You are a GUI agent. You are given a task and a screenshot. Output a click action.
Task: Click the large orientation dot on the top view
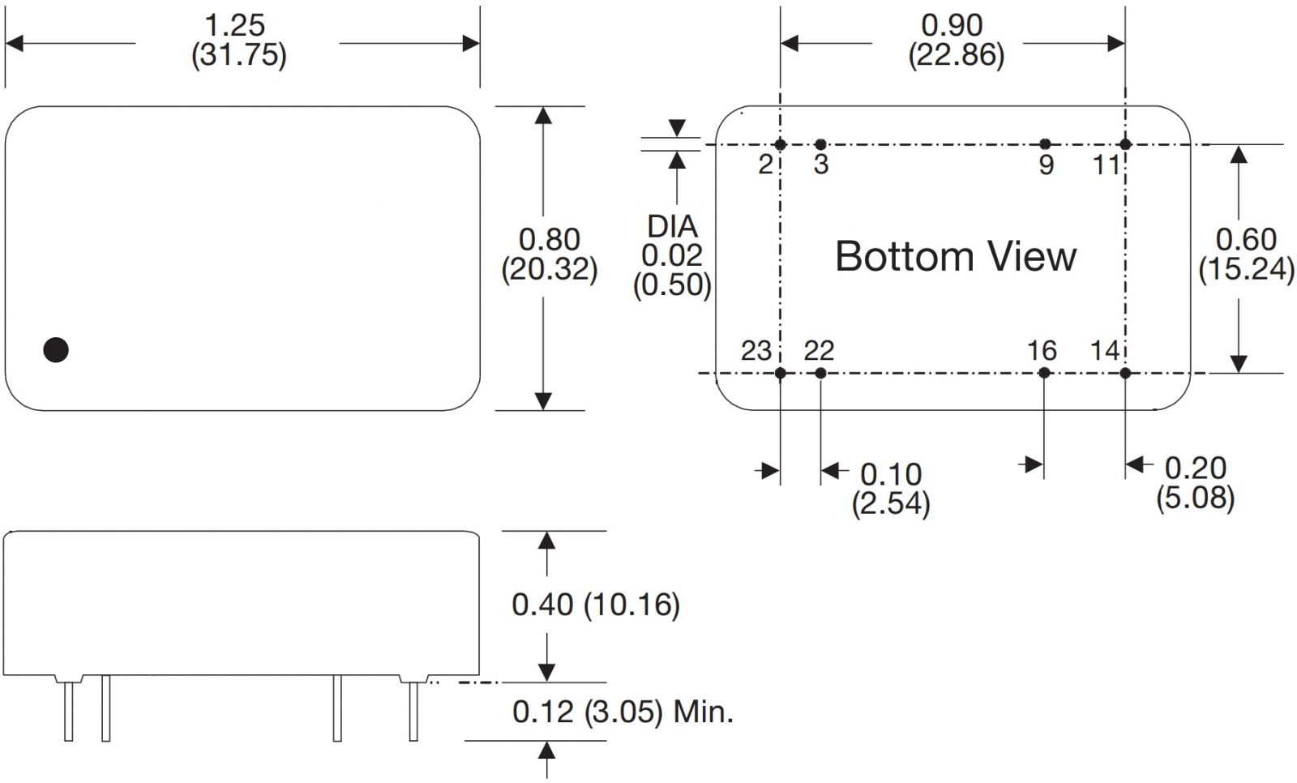coord(56,349)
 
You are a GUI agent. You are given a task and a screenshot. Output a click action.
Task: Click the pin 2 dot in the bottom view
coord(780,145)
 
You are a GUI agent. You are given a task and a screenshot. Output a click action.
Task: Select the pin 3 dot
coord(820,145)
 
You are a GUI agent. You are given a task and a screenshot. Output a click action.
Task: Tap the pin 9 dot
coord(1045,145)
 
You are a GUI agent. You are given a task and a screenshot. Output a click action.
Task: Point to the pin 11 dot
coord(1124,145)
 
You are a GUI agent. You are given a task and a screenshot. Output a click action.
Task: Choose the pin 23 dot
coord(780,373)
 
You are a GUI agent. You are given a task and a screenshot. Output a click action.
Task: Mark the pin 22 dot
coord(820,373)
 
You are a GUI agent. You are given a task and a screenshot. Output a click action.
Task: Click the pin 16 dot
coord(1044,373)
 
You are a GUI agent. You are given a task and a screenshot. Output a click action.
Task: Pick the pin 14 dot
coord(1125,373)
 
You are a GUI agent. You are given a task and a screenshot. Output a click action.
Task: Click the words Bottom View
coord(955,257)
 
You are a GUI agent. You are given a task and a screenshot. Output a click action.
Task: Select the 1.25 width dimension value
coord(235,25)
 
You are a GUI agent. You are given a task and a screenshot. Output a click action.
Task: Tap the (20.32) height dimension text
coord(550,269)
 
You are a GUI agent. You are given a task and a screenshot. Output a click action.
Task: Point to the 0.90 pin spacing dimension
coord(952,25)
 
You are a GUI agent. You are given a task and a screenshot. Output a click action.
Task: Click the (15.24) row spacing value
coord(1246,269)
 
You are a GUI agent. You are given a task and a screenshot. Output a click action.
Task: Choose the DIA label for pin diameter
coord(672,226)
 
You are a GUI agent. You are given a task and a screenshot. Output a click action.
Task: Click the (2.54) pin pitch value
coord(890,503)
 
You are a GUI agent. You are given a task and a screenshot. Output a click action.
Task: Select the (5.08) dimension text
coord(1195,497)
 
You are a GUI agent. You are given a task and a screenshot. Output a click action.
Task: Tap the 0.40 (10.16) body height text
coord(595,604)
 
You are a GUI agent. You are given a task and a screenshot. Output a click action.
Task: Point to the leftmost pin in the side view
coord(69,711)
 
